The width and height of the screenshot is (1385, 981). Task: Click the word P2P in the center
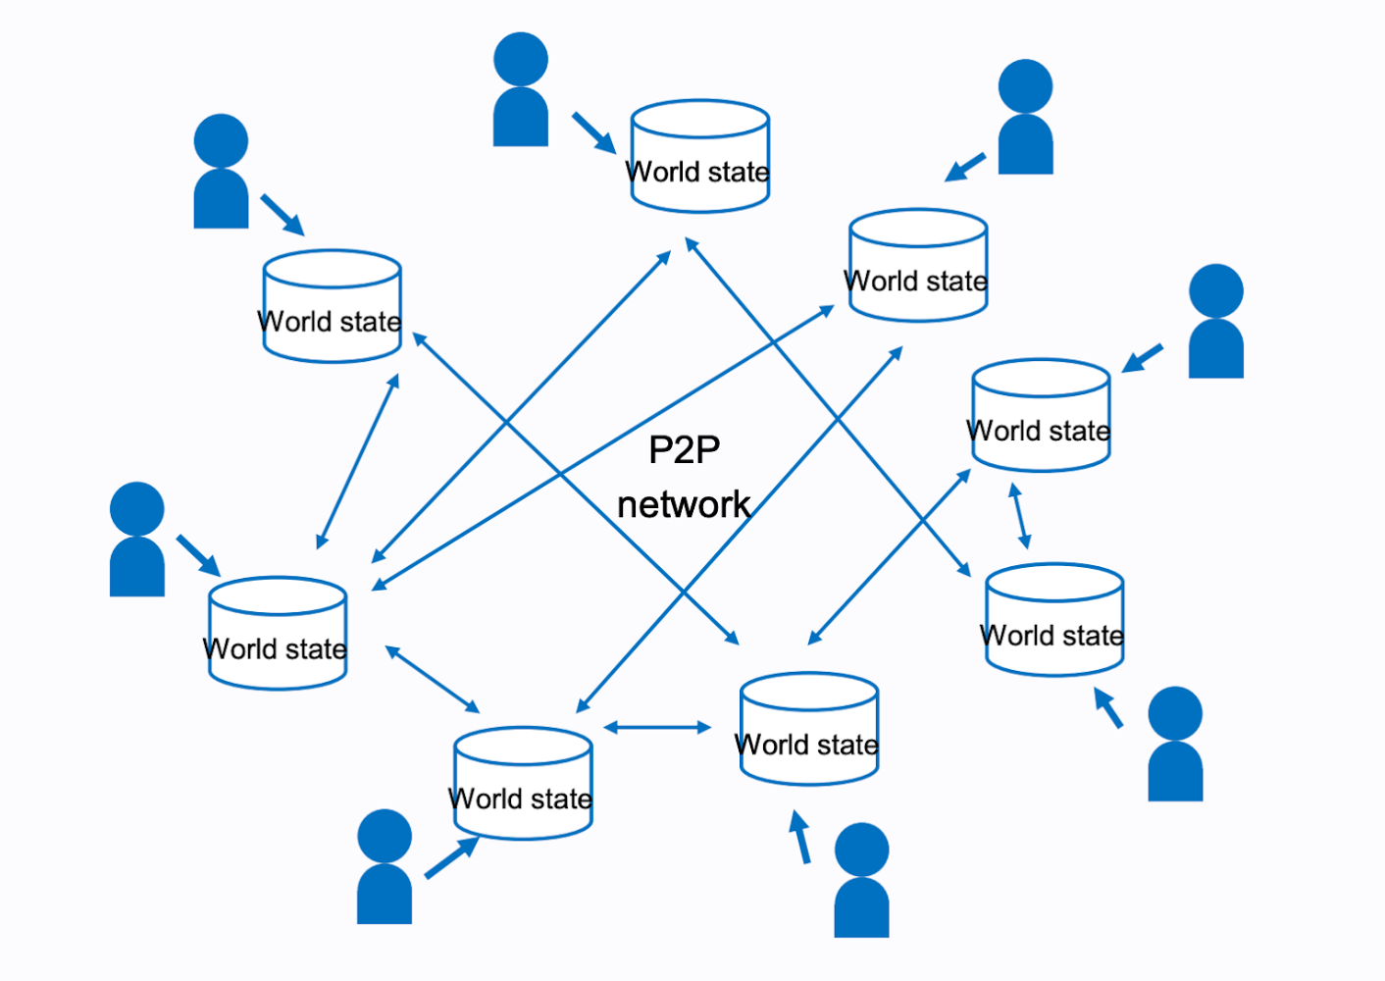tap(684, 450)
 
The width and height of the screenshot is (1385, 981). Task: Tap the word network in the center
tap(684, 505)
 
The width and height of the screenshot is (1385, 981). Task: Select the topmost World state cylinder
tap(699, 157)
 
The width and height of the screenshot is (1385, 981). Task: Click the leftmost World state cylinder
tap(278, 634)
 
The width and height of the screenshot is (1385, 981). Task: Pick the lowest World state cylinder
tap(523, 784)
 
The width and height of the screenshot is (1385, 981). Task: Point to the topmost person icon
tap(521, 90)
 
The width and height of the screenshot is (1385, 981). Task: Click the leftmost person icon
tap(137, 540)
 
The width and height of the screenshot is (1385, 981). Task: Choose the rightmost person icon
tap(1216, 322)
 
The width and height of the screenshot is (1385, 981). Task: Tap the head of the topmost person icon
tap(521, 59)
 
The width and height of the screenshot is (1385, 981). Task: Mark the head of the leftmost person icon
tap(137, 508)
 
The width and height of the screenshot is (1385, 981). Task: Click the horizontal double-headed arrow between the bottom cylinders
tap(657, 727)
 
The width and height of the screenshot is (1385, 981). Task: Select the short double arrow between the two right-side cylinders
tap(1020, 516)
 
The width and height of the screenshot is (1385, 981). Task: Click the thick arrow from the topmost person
tap(593, 132)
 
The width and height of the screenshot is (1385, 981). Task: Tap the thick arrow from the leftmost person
tap(198, 555)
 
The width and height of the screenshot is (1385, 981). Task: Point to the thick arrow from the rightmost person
tap(1143, 358)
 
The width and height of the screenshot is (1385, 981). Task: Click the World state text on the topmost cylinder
tap(698, 172)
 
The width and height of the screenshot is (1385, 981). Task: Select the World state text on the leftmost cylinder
tap(276, 649)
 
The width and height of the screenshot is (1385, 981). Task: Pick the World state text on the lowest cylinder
tap(521, 800)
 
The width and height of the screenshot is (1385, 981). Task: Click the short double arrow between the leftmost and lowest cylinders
tap(433, 679)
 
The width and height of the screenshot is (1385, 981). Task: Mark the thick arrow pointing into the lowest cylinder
tap(451, 857)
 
